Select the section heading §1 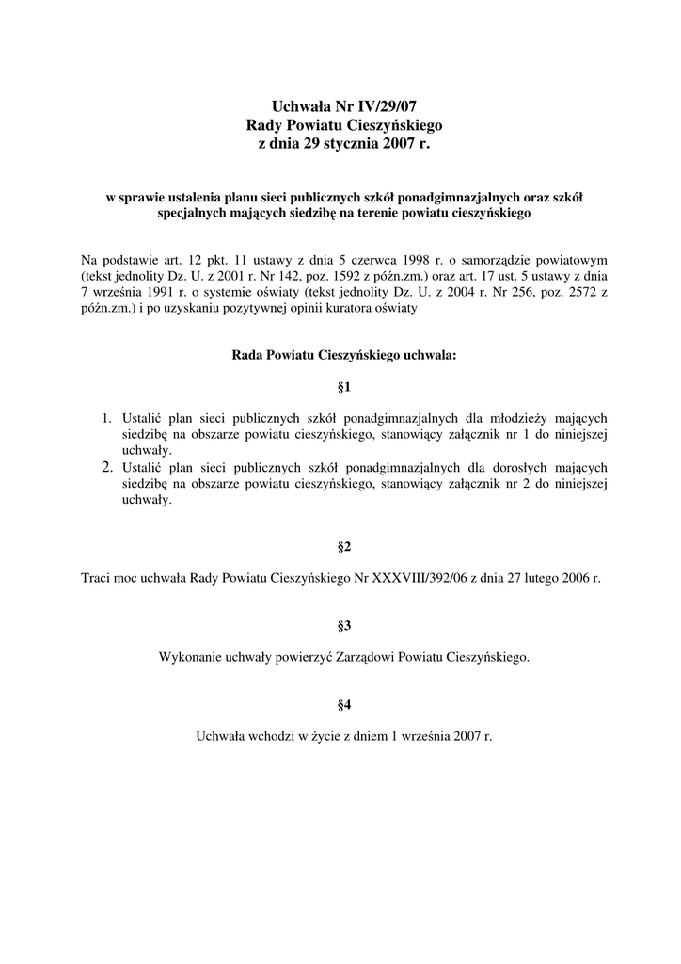(x=343, y=387)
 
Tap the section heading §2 (x=343, y=547)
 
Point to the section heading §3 (x=343, y=625)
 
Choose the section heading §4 (x=343, y=703)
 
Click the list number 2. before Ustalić (x=107, y=467)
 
